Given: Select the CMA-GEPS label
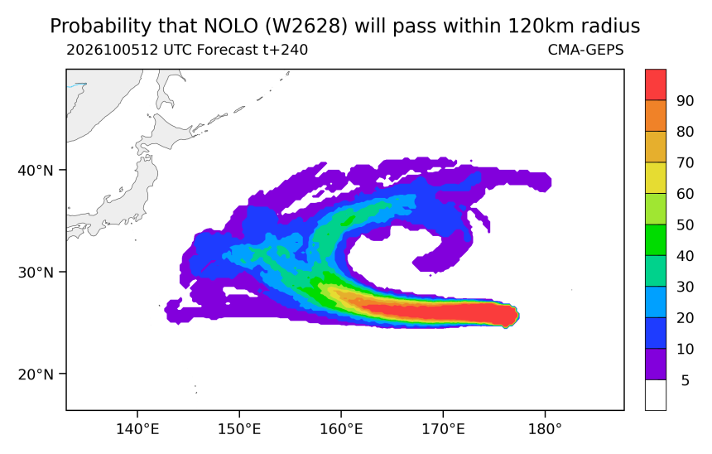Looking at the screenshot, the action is [x=586, y=50].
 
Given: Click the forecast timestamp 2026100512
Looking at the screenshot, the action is [x=113, y=50].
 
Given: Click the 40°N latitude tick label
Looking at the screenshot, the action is [x=36, y=171].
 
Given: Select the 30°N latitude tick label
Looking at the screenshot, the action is [x=36, y=273].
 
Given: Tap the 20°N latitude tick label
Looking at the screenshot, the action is [x=36, y=374].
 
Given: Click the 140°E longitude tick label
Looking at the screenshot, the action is [x=137, y=428].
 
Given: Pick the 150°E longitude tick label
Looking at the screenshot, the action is [x=239, y=428].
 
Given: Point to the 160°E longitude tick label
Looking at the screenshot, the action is [x=341, y=428].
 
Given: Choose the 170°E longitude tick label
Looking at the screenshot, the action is [x=443, y=428].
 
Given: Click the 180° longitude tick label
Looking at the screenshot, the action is [x=545, y=428].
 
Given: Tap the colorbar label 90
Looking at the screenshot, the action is [x=685, y=100].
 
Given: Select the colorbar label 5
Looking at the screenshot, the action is [x=686, y=380].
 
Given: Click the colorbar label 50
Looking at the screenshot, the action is [x=685, y=225].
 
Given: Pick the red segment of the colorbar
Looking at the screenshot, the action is [x=656, y=85].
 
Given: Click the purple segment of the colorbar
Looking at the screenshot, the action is [x=656, y=364].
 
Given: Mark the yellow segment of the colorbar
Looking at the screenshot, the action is [x=656, y=177].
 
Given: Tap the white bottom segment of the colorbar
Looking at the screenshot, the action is [x=656, y=395].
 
